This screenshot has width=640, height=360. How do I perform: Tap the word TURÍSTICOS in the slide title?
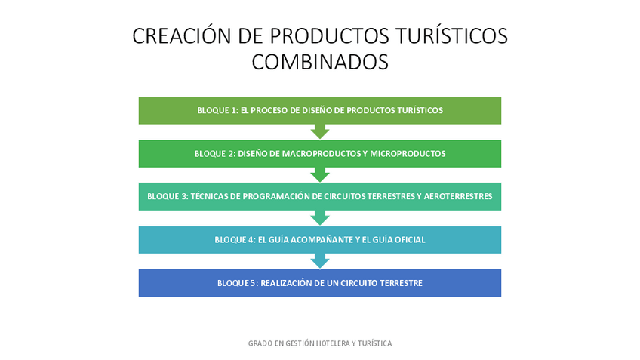coord(454,35)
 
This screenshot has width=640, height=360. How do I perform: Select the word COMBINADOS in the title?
coord(320,62)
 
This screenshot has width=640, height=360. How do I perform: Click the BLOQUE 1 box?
coord(320,110)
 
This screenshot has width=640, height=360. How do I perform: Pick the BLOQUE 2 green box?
coord(320,153)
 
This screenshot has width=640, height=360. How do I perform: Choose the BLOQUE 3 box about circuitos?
coord(320,196)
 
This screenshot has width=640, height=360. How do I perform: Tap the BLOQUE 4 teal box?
coord(320,240)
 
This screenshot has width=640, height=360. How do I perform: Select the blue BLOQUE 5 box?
coord(320,283)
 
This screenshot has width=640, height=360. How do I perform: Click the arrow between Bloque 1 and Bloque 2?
coord(320,132)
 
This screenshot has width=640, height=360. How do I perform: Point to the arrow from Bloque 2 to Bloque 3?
coord(320,175)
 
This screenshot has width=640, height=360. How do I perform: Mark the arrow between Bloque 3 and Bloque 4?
coord(320,218)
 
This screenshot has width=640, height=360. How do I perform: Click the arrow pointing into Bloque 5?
coord(320,261)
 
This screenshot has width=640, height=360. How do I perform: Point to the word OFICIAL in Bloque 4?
coord(408,240)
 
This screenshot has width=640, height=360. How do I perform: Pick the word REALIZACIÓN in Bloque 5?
coord(286,284)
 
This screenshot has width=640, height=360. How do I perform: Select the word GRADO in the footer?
coord(259,343)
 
